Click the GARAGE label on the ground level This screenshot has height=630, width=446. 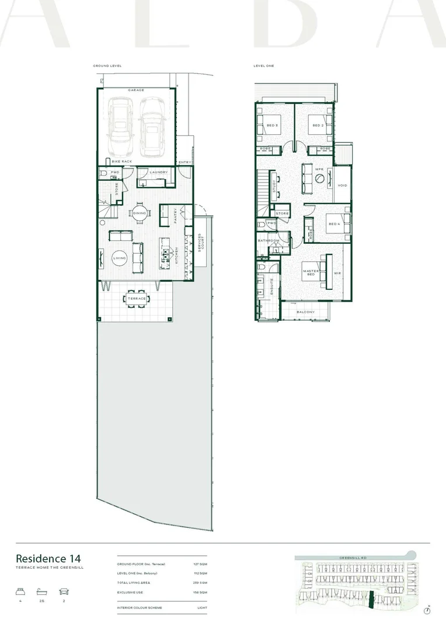click(136, 90)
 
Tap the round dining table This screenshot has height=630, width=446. click(140, 213)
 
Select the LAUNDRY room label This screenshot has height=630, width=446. click(158, 172)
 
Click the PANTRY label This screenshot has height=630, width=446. click(175, 216)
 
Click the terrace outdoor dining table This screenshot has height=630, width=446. click(136, 299)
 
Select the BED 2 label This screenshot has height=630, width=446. click(318, 125)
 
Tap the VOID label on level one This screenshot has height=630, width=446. click(342, 185)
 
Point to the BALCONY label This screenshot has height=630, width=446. click(305, 312)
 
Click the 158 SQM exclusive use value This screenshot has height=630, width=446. click(199, 592)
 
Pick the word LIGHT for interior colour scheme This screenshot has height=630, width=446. click(201, 607)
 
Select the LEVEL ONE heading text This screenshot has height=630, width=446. click(264, 66)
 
